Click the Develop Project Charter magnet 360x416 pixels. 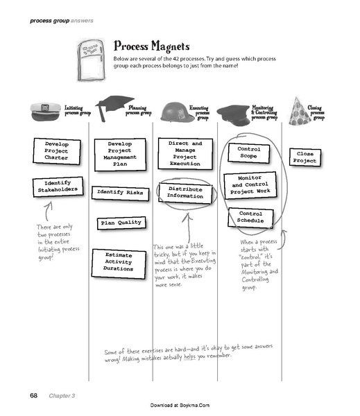[53, 150]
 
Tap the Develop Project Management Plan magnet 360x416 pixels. [120, 154]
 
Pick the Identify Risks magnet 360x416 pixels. [119, 191]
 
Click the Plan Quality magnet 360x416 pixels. [121, 223]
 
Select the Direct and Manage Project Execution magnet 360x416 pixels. [185, 153]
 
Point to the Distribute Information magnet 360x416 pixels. [185, 192]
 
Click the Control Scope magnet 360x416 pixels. [248, 153]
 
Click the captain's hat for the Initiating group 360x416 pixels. [46, 110]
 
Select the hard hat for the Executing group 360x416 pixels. [175, 111]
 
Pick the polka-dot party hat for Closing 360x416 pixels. [299, 111]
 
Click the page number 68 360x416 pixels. [33, 395]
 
